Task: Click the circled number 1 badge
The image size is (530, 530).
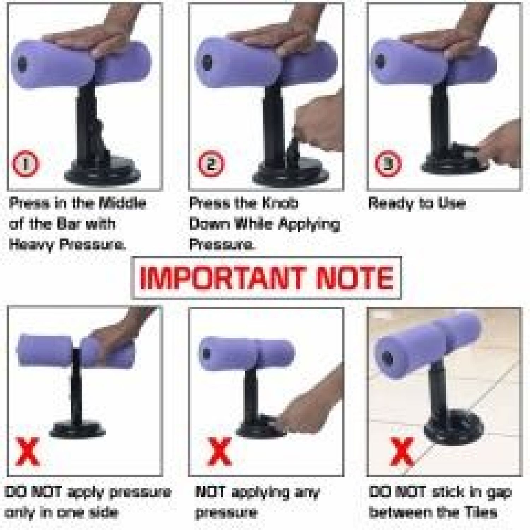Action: pyautogui.click(x=25, y=164)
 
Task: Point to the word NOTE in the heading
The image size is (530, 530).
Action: pyautogui.click(x=355, y=278)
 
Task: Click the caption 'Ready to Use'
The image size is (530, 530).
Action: pyautogui.click(x=417, y=203)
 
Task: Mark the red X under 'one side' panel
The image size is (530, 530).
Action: pyautogui.click(x=27, y=452)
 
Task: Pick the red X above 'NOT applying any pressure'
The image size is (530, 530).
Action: pyautogui.click(x=219, y=452)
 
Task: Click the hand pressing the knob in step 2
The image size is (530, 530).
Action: pyautogui.click(x=318, y=124)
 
